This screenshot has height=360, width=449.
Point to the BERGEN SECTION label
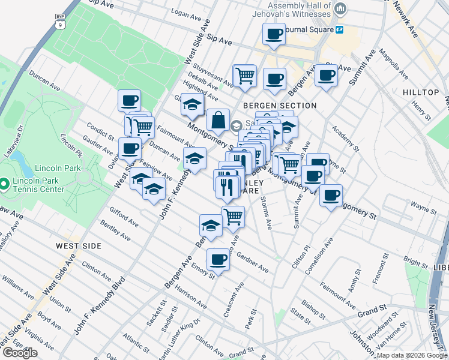[x=279, y=106]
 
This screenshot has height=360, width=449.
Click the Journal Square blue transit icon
[x=340, y=29]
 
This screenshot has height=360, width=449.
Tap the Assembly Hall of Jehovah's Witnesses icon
[x=341, y=8]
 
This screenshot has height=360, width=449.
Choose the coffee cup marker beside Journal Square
[x=274, y=34]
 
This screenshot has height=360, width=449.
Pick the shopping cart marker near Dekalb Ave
[x=244, y=76]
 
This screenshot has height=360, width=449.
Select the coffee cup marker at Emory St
[x=218, y=260]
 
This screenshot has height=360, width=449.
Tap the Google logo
[x=19, y=352]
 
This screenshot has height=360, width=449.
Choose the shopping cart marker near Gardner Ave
[x=233, y=216]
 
